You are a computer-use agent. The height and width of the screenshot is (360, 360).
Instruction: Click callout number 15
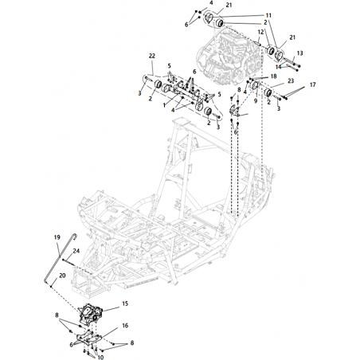[125, 303]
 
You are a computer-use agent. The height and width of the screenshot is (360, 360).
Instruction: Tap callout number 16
[125, 325]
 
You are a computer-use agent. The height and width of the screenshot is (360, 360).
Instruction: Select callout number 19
[57, 237]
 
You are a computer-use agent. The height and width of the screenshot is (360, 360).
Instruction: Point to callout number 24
[76, 251]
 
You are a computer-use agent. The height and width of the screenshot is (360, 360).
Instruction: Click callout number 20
[62, 276]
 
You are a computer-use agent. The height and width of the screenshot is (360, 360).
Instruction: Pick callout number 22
[152, 56]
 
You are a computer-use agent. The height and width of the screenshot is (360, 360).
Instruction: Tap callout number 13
[299, 53]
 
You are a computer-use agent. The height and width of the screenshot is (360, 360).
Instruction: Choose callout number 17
[313, 84]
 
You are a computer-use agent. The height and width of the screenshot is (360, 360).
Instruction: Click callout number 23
[291, 80]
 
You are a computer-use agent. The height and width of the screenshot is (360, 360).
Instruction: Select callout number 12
[260, 32]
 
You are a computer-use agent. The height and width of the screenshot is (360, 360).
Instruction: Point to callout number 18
[273, 76]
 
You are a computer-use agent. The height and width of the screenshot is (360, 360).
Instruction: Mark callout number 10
[100, 358]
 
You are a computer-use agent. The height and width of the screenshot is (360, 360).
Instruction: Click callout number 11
[268, 15]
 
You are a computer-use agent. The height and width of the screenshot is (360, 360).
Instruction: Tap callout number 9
[256, 101]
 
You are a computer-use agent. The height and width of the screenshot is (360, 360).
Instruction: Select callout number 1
[164, 105]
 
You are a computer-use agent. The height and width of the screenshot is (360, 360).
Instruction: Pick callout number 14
[278, 67]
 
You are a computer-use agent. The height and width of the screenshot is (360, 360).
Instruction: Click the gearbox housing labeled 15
[90, 314]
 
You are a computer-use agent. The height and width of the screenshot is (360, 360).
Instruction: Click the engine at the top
[229, 57]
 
